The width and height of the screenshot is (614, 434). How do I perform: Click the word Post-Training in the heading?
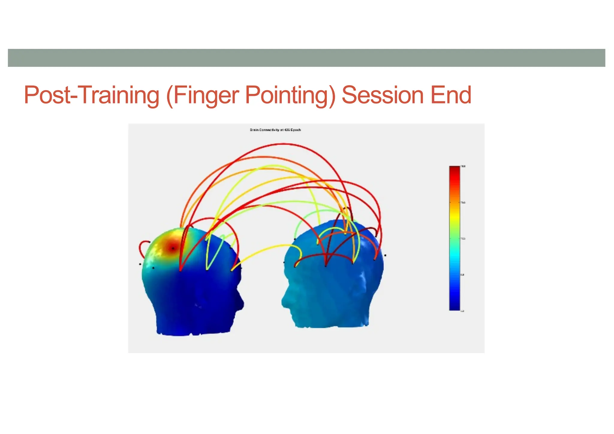91,95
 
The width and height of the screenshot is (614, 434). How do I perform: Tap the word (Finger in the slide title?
202,95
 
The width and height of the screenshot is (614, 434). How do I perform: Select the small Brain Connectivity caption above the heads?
275,130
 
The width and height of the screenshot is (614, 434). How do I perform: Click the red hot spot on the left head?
173,248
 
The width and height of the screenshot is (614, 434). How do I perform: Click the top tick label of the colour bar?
463,166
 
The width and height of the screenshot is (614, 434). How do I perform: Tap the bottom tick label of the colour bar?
462,311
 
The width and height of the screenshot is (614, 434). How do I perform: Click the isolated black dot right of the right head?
385,255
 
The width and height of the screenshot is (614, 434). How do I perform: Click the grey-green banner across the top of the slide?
306,58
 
